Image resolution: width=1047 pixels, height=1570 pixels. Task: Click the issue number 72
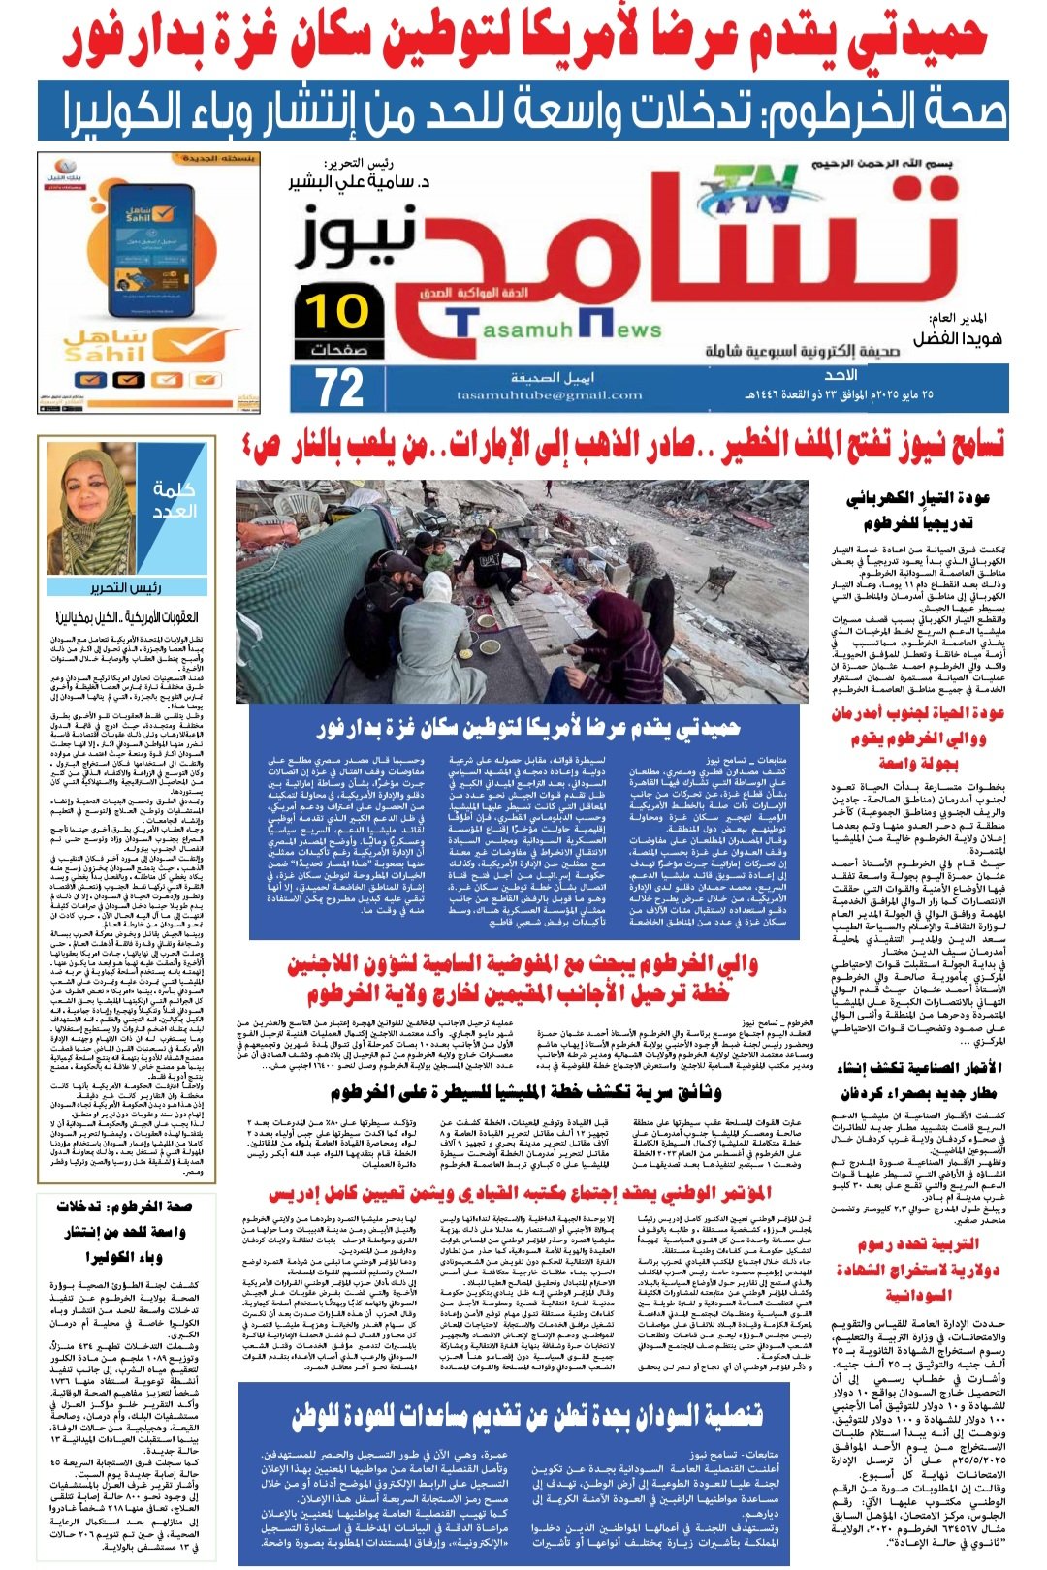pos(340,388)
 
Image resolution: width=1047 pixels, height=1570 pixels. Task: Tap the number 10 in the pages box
pos(338,311)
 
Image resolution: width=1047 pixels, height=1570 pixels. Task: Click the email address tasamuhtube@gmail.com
pos(550,395)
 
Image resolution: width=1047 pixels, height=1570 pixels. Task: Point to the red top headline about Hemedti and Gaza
pos(523,39)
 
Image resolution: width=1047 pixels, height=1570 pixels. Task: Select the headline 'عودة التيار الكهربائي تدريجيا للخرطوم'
pos(917,510)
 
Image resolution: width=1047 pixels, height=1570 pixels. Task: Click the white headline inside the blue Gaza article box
pos(528,726)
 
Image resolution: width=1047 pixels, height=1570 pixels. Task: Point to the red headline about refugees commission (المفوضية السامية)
pos(523,979)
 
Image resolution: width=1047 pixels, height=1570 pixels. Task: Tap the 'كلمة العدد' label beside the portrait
pos(174,500)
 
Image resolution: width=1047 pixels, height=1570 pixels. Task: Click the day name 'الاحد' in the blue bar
pos(840,374)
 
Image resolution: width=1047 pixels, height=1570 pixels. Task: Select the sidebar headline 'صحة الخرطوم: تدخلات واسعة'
pos(123,1230)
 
